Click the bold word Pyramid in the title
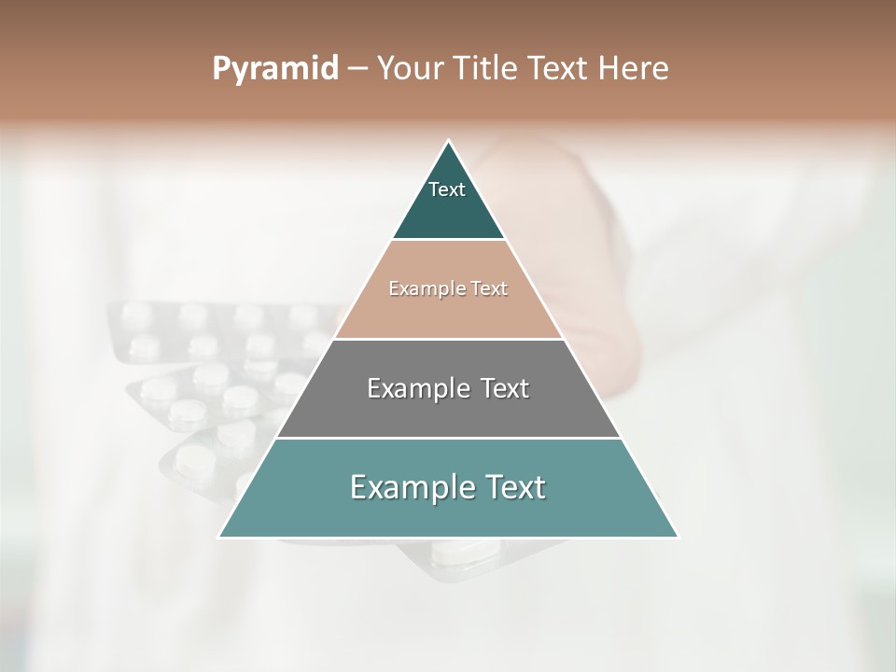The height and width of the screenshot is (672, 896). point(274,69)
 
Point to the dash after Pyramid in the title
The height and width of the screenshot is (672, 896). point(357,69)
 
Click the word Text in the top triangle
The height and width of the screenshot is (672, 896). point(447,189)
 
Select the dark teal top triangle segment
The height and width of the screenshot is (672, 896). point(448,210)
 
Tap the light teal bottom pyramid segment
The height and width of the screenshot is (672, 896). point(448,513)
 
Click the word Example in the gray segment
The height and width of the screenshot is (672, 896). point(418,388)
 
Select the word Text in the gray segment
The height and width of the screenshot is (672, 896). point(505,388)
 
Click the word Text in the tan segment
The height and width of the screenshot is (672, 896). point(488,289)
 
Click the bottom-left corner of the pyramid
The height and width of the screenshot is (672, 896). point(220,537)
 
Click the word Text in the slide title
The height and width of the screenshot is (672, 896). point(556,69)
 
